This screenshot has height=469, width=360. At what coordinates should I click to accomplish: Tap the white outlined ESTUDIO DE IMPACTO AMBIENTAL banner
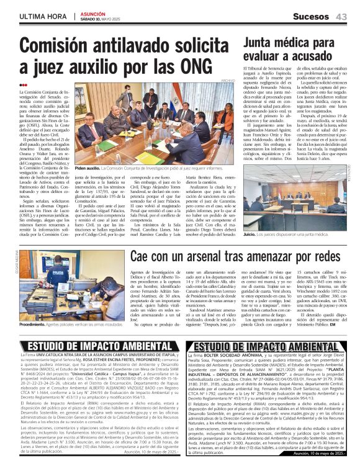(268, 346)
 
